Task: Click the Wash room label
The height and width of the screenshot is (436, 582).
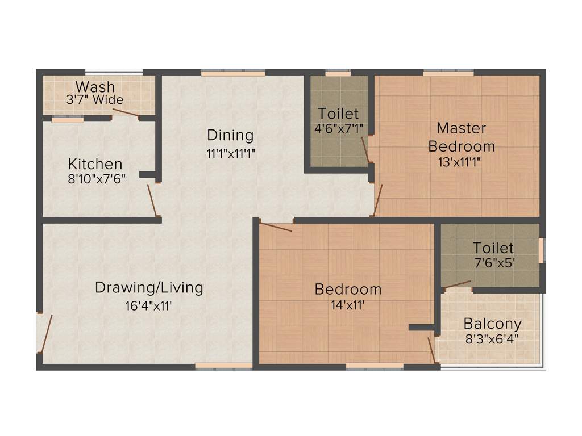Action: point(95,87)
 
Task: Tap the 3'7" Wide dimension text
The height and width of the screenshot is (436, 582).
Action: point(95,100)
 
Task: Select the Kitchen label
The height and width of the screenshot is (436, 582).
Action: point(95,164)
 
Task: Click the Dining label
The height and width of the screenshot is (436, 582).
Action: point(230,135)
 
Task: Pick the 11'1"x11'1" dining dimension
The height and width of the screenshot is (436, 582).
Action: point(230,153)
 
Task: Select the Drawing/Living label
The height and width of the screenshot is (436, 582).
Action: point(149,287)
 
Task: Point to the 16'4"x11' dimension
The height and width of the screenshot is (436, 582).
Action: point(149,305)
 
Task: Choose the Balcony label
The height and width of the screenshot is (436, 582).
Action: point(492,324)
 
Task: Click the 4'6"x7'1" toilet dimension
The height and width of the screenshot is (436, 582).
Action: point(338,128)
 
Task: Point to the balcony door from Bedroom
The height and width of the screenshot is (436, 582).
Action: point(431,350)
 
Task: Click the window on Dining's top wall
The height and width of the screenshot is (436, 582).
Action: point(233,73)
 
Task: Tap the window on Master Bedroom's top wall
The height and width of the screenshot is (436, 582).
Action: point(448,73)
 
